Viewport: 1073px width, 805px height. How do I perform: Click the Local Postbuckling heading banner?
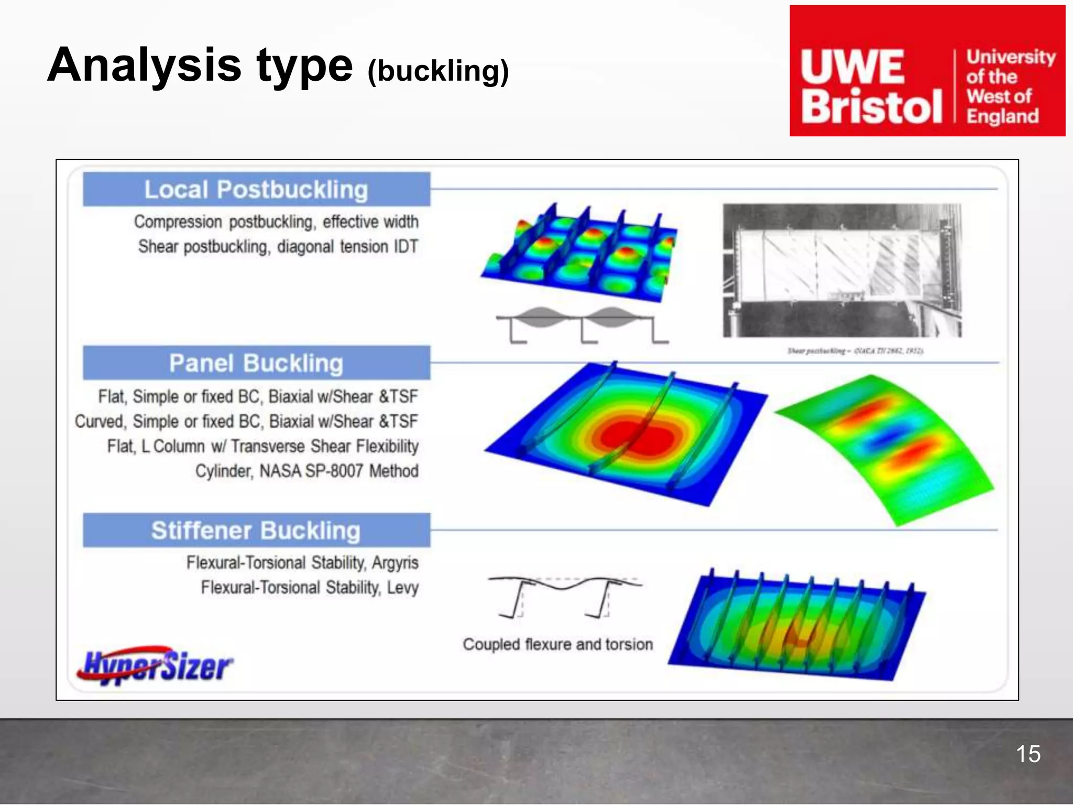tap(256, 189)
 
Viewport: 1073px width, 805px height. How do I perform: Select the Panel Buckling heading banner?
tap(256, 363)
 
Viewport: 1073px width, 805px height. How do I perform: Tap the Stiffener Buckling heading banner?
tap(256, 530)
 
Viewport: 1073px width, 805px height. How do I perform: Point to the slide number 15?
tap(1028, 754)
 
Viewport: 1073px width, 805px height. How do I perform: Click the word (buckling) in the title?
tap(438, 71)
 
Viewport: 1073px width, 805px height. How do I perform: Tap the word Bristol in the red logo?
tap(871, 106)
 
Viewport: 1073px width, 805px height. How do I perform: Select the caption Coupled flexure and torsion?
tap(557, 644)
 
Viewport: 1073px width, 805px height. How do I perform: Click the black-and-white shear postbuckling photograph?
tap(842, 270)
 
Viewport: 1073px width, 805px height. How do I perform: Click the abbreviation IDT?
tap(405, 246)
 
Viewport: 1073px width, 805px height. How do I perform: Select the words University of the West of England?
tap(1010, 86)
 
